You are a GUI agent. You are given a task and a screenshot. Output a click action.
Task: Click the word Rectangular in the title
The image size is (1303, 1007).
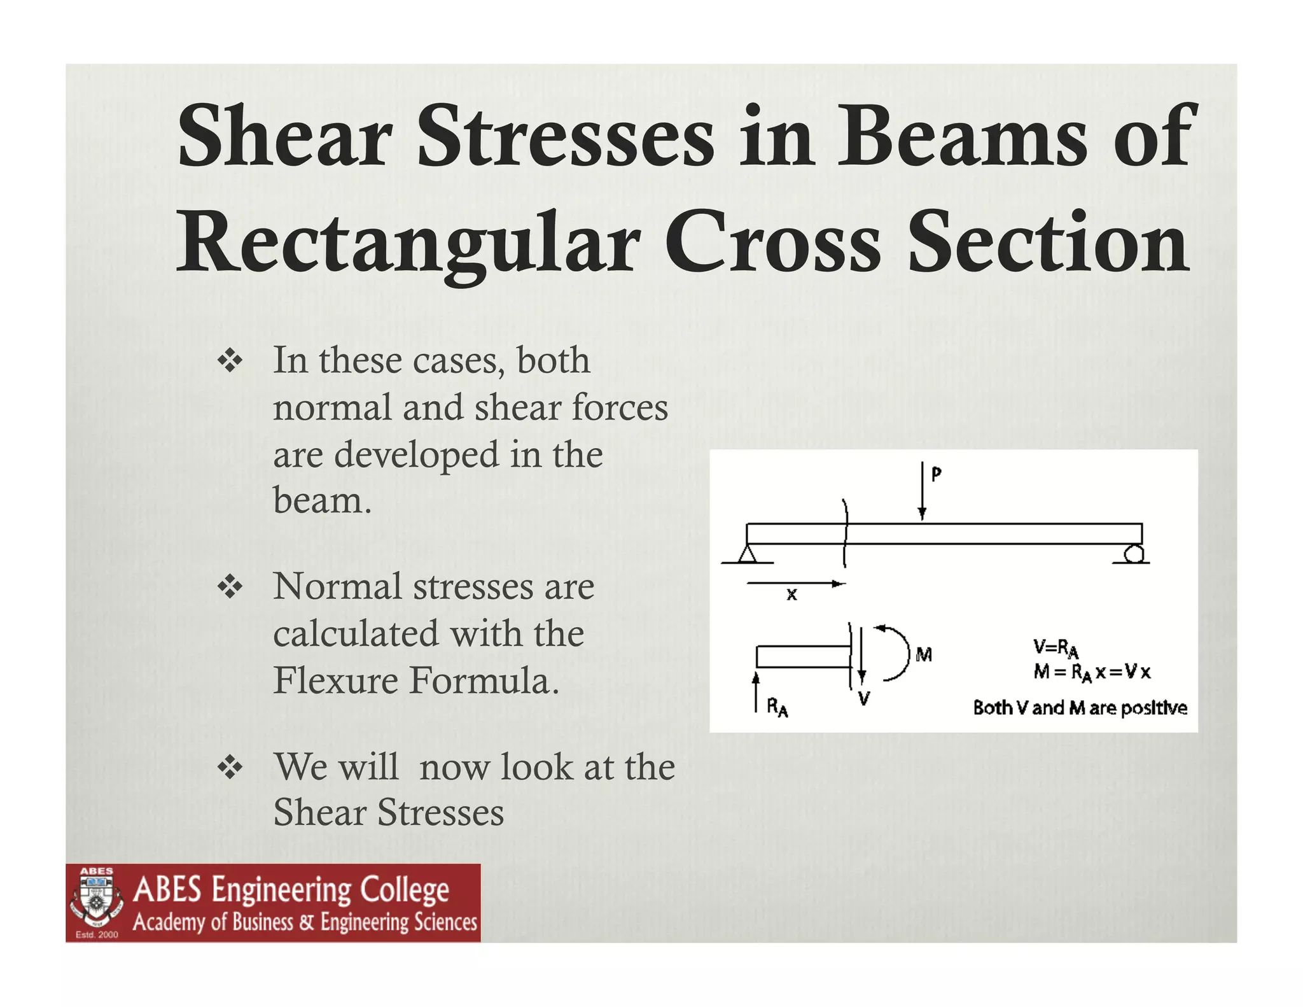[x=407, y=245]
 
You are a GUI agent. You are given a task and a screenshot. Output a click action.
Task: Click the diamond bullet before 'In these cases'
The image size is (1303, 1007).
[x=230, y=362]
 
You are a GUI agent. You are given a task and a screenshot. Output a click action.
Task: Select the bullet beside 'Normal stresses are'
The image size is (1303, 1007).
[x=230, y=587]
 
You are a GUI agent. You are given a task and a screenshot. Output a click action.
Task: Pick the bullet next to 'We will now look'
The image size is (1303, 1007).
[x=230, y=768]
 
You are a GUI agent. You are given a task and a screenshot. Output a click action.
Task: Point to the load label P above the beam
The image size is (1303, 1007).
[x=936, y=474]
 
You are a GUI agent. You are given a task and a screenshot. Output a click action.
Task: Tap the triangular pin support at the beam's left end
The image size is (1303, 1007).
[x=747, y=554]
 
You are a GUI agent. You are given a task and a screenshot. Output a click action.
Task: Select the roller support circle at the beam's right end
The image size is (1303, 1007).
[x=1132, y=554]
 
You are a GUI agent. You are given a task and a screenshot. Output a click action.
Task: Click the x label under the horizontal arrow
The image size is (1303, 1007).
[x=791, y=595]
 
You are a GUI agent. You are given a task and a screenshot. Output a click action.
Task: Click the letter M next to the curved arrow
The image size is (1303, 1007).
[x=924, y=654]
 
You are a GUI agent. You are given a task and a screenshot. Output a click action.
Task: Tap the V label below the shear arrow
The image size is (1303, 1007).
[x=863, y=699]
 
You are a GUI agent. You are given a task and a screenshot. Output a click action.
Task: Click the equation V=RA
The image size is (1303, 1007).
[x=1056, y=649]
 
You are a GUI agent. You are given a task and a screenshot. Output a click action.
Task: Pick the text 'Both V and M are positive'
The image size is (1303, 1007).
[x=1080, y=708]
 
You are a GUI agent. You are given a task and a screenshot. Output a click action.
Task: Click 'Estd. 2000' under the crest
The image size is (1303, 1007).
[x=97, y=934]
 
